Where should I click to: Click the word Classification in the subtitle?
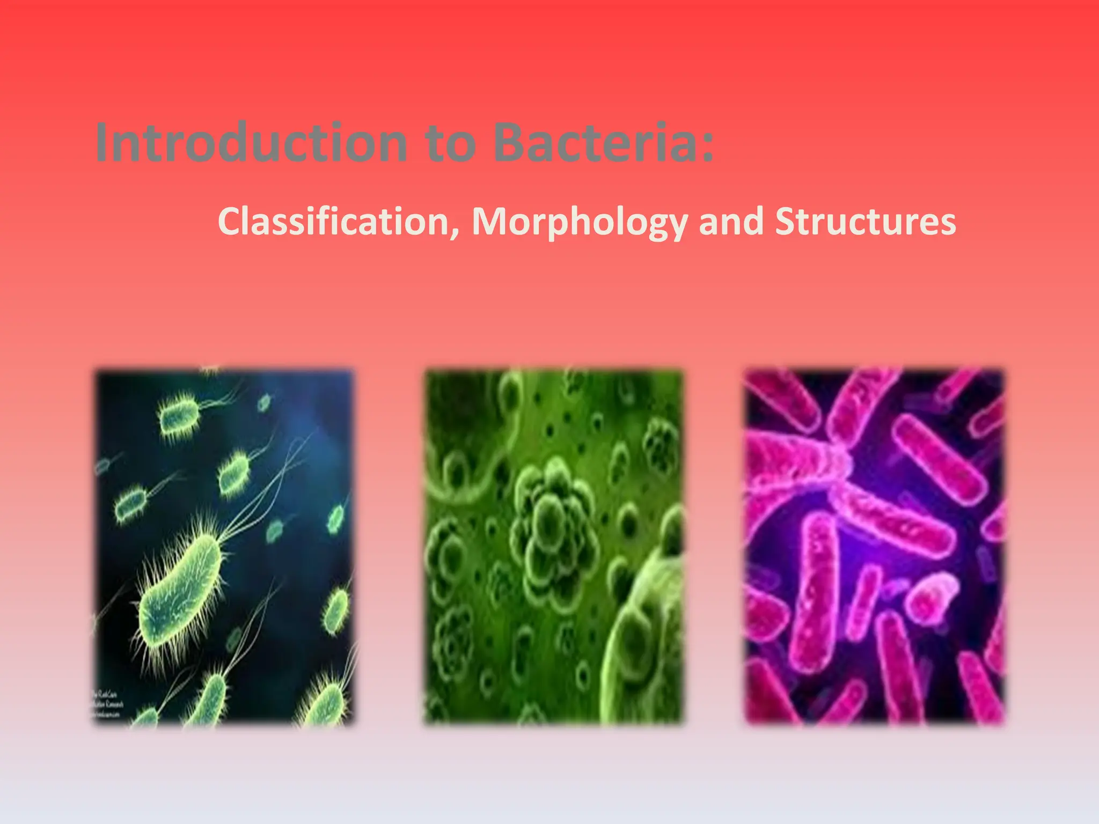coord(334,222)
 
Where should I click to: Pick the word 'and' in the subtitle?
coord(731,222)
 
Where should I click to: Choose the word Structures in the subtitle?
coord(865,222)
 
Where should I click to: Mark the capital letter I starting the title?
coord(102,143)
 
